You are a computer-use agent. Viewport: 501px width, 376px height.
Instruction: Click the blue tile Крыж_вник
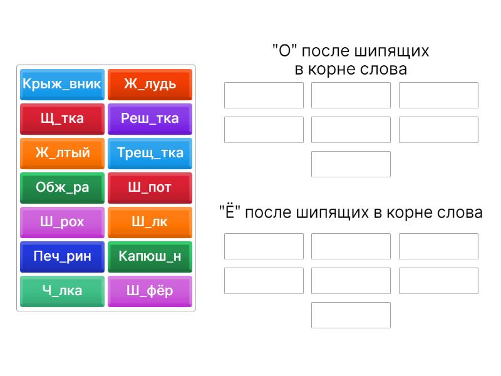[62, 85]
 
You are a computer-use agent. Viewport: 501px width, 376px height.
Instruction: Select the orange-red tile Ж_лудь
[150, 85]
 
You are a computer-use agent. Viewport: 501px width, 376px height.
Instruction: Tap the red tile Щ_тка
[62, 119]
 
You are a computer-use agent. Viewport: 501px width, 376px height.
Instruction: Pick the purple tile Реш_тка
[150, 119]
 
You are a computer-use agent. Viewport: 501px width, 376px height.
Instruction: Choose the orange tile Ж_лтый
[62, 154]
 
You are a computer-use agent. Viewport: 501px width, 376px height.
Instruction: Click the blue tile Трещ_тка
[150, 154]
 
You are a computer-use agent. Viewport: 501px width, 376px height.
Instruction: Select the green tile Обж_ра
[62, 188]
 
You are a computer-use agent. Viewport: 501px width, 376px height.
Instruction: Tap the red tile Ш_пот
[150, 188]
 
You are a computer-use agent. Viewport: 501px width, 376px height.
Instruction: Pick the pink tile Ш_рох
[62, 222]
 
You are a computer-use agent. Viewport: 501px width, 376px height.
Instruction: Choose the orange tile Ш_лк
[150, 222]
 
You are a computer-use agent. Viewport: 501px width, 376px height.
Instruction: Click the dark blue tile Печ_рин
[62, 257]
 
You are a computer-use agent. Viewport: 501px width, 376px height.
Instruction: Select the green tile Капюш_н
[150, 257]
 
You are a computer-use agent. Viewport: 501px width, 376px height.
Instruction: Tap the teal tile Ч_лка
[62, 291]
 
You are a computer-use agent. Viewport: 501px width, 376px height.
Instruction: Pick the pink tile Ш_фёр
[150, 291]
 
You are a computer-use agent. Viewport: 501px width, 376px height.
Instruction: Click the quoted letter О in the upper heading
[285, 51]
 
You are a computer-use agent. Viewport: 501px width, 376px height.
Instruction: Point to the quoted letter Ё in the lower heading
[230, 211]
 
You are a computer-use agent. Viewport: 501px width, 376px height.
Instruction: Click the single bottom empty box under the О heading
[351, 164]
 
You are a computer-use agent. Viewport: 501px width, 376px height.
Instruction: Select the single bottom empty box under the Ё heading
[351, 315]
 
